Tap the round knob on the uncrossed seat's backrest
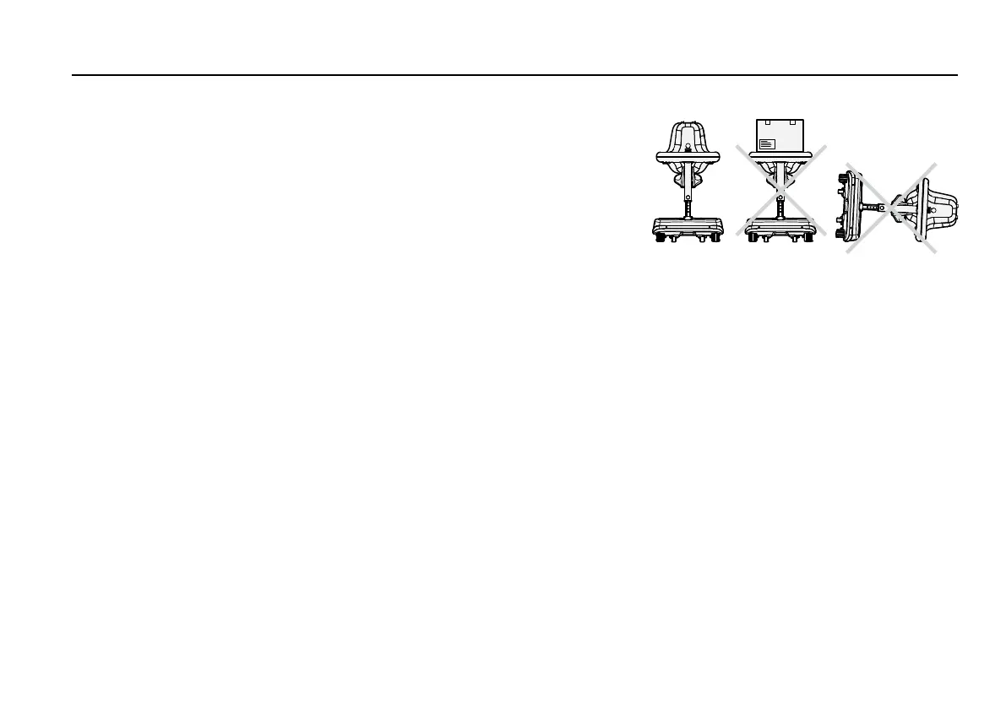tap(689, 147)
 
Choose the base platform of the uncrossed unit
tap(689, 226)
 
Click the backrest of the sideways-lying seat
tap(942, 208)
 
